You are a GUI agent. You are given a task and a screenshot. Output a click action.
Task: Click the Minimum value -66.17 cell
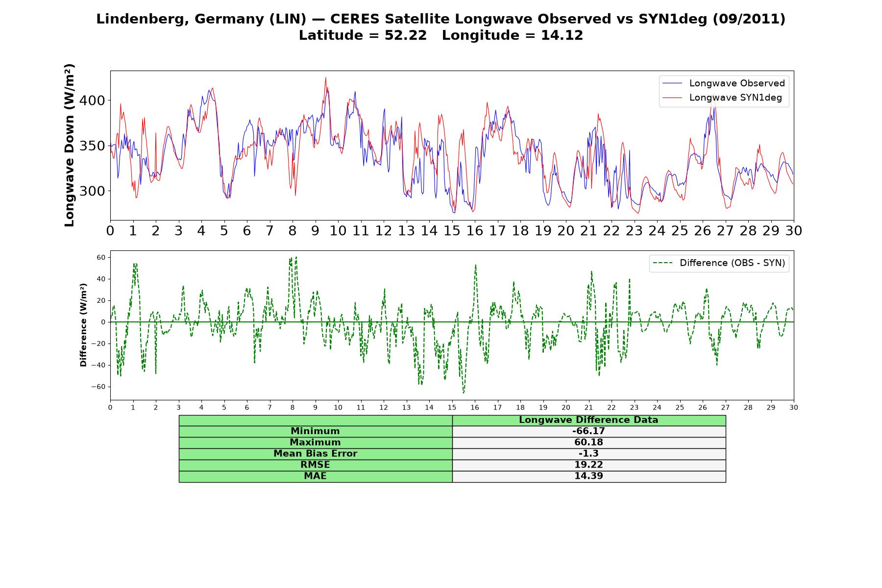[x=588, y=431]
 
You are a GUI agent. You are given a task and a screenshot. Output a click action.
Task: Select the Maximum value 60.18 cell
[x=588, y=442]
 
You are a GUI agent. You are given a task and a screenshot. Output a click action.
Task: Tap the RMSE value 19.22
[x=588, y=465]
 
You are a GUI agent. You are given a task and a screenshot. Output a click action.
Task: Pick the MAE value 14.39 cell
[x=588, y=476]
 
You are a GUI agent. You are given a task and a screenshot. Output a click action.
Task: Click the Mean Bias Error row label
[x=315, y=454]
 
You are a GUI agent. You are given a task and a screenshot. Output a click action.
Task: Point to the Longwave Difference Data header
[x=588, y=420]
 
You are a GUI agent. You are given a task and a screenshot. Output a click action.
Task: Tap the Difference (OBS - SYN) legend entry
[x=719, y=263]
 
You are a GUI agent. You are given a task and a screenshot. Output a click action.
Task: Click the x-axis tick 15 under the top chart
[x=452, y=231]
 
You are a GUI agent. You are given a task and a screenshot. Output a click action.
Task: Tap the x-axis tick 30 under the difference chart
[x=794, y=408]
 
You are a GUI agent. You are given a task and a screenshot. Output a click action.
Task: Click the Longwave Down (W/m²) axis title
[x=69, y=145]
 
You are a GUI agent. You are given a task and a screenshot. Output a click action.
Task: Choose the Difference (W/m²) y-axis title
[x=83, y=325]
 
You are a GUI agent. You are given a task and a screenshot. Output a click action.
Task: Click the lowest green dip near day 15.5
[x=464, y=393]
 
